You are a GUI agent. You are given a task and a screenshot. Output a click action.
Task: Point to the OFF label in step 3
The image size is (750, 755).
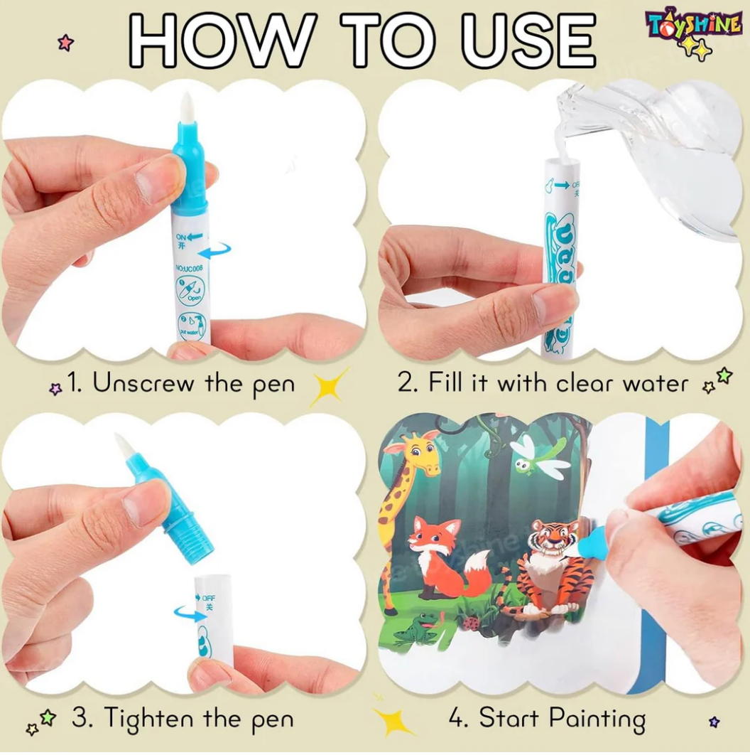click(208, 598)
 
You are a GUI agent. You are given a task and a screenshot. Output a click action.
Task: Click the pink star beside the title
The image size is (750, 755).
click(65, 43)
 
